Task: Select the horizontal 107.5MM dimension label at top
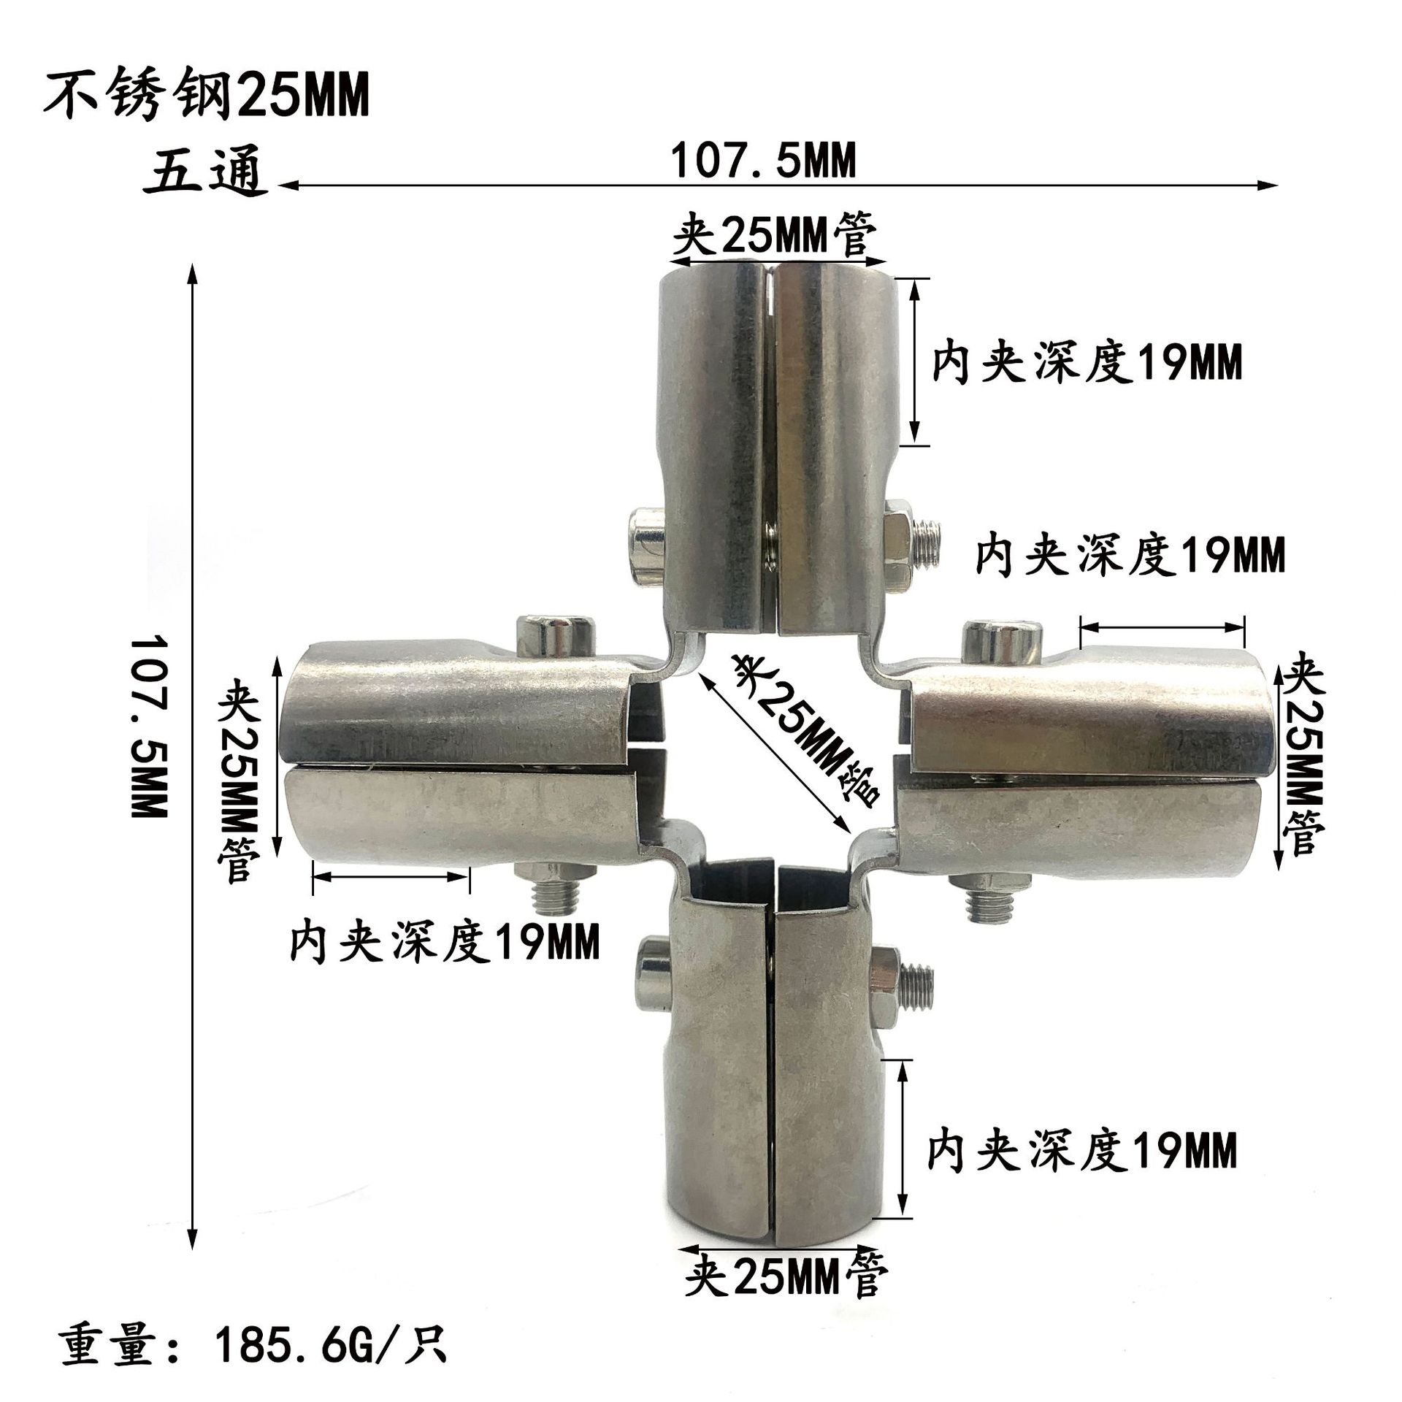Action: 762,161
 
